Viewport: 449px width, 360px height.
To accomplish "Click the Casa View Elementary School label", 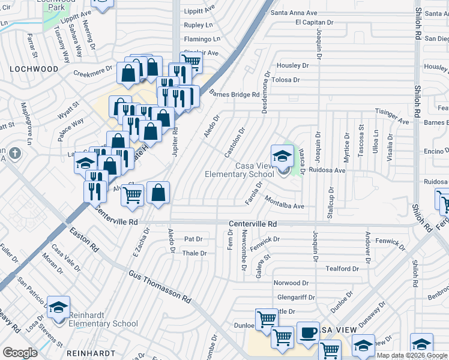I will pyautogui.click(x=240, y=170).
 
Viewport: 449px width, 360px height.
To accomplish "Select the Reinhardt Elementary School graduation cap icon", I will pyautogui.click(x=59, y=308).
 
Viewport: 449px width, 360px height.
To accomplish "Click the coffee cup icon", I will pyautogui.click(x=309, y=332).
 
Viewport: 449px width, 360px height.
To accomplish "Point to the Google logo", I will pyautogui.click(x=20, y=353).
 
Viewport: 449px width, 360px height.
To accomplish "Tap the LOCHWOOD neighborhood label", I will pyautogui.click(x=34, y=69).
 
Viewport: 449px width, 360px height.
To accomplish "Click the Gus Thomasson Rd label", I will pyautogui.click(x=159, y=286).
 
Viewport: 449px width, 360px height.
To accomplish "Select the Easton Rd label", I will pyautogui.click(x=83, y=239).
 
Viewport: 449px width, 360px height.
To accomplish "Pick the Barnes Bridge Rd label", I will pyautogui.click(x=235, y=94).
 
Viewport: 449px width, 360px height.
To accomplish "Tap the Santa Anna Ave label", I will pyautogui.click(x=294, y=12).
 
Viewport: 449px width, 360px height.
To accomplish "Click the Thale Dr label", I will pyautogui.click(x=194, y=253).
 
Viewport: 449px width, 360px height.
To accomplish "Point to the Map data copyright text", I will pyautogui.click(x=412, y=355).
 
